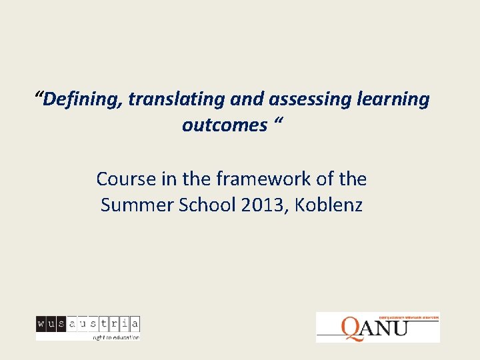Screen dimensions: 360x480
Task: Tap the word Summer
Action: tap(135, 205)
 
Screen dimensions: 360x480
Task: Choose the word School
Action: tap(203, 205)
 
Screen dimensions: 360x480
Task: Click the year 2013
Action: tap(263, 205)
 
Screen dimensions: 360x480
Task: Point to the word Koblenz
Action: tap(328, 205)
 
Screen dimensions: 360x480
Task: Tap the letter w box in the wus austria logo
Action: tap(41, 324)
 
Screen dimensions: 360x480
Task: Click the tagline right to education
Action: tap(115, 337)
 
